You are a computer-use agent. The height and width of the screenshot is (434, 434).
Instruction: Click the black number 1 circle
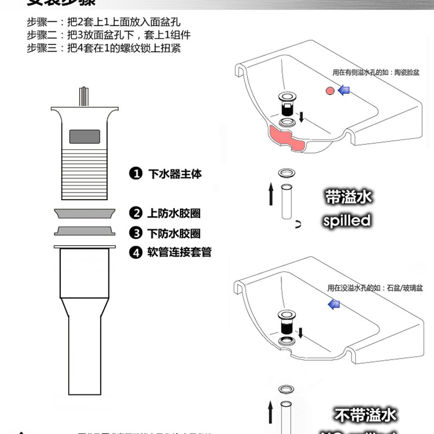[x=136, y=174]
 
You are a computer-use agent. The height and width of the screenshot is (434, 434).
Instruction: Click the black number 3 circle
[x=136, y=233]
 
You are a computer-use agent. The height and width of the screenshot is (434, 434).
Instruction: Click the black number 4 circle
[x=136, y=252]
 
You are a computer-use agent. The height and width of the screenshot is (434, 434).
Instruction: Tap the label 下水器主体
[x=175, y=174]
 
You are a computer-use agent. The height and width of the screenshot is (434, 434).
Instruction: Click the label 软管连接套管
[x=180, y=252]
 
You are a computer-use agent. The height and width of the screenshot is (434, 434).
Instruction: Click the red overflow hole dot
[x=329, y=91]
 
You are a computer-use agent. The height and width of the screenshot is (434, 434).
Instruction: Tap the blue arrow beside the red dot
[x=344, y=91]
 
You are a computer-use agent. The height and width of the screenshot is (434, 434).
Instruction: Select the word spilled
[x=347, y=220]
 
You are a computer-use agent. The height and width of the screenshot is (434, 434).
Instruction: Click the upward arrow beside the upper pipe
[x=271, y=194]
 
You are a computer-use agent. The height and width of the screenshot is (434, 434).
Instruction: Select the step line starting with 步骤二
[x=109, y=35]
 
